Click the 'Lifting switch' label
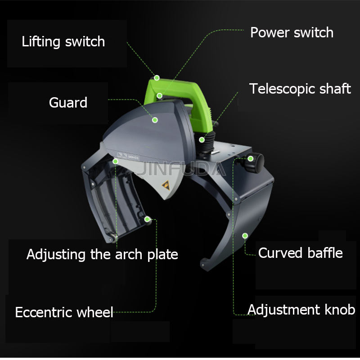[x=63, y=42]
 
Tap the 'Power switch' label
[x=292, y=32]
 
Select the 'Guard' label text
[x=68, y=103]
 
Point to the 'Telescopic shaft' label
[x=300, y=89]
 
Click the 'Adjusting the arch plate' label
[x=102, y=254]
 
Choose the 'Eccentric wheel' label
[x=64, y=312]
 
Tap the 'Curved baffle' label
[x=300, y=253]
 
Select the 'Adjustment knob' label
[x=301, y=310]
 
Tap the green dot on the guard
[x=154, y=120]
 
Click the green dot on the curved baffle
[x=245, y=235]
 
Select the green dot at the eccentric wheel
[x=147, y=220]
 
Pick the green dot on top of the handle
[x=157, y=77]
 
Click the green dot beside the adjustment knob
[x=250, y=158]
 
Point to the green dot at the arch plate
[x=116, y=161]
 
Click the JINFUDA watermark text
[x=180, y=169]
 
